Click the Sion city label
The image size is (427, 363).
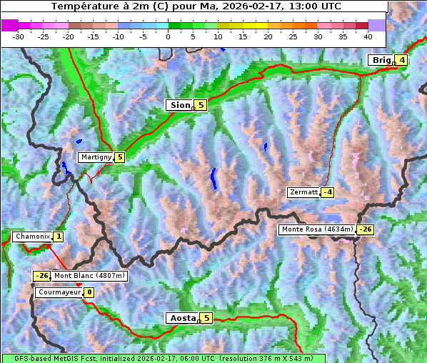coord(179,105)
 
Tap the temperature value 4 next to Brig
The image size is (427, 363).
coord(402,60)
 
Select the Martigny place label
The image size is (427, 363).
coord(96,157)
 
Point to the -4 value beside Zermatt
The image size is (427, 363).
coord(327,192)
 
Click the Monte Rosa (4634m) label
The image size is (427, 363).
coord(317,229)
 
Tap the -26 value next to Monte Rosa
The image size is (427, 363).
coord(365,229)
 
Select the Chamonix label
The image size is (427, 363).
coord(32,237)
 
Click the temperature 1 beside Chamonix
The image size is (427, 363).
coord(58,237)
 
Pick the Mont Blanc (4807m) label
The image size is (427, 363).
coord(89,276)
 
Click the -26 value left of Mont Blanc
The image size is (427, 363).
coord(41,276)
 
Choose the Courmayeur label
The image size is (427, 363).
coord(59,292)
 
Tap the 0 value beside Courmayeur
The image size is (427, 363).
coord(89,292)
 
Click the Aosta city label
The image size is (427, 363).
coord(181,318)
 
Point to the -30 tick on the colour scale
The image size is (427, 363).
coord(19,36)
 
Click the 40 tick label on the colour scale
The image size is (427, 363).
coord(368,36)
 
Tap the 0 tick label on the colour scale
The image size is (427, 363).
coord(168,36)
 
